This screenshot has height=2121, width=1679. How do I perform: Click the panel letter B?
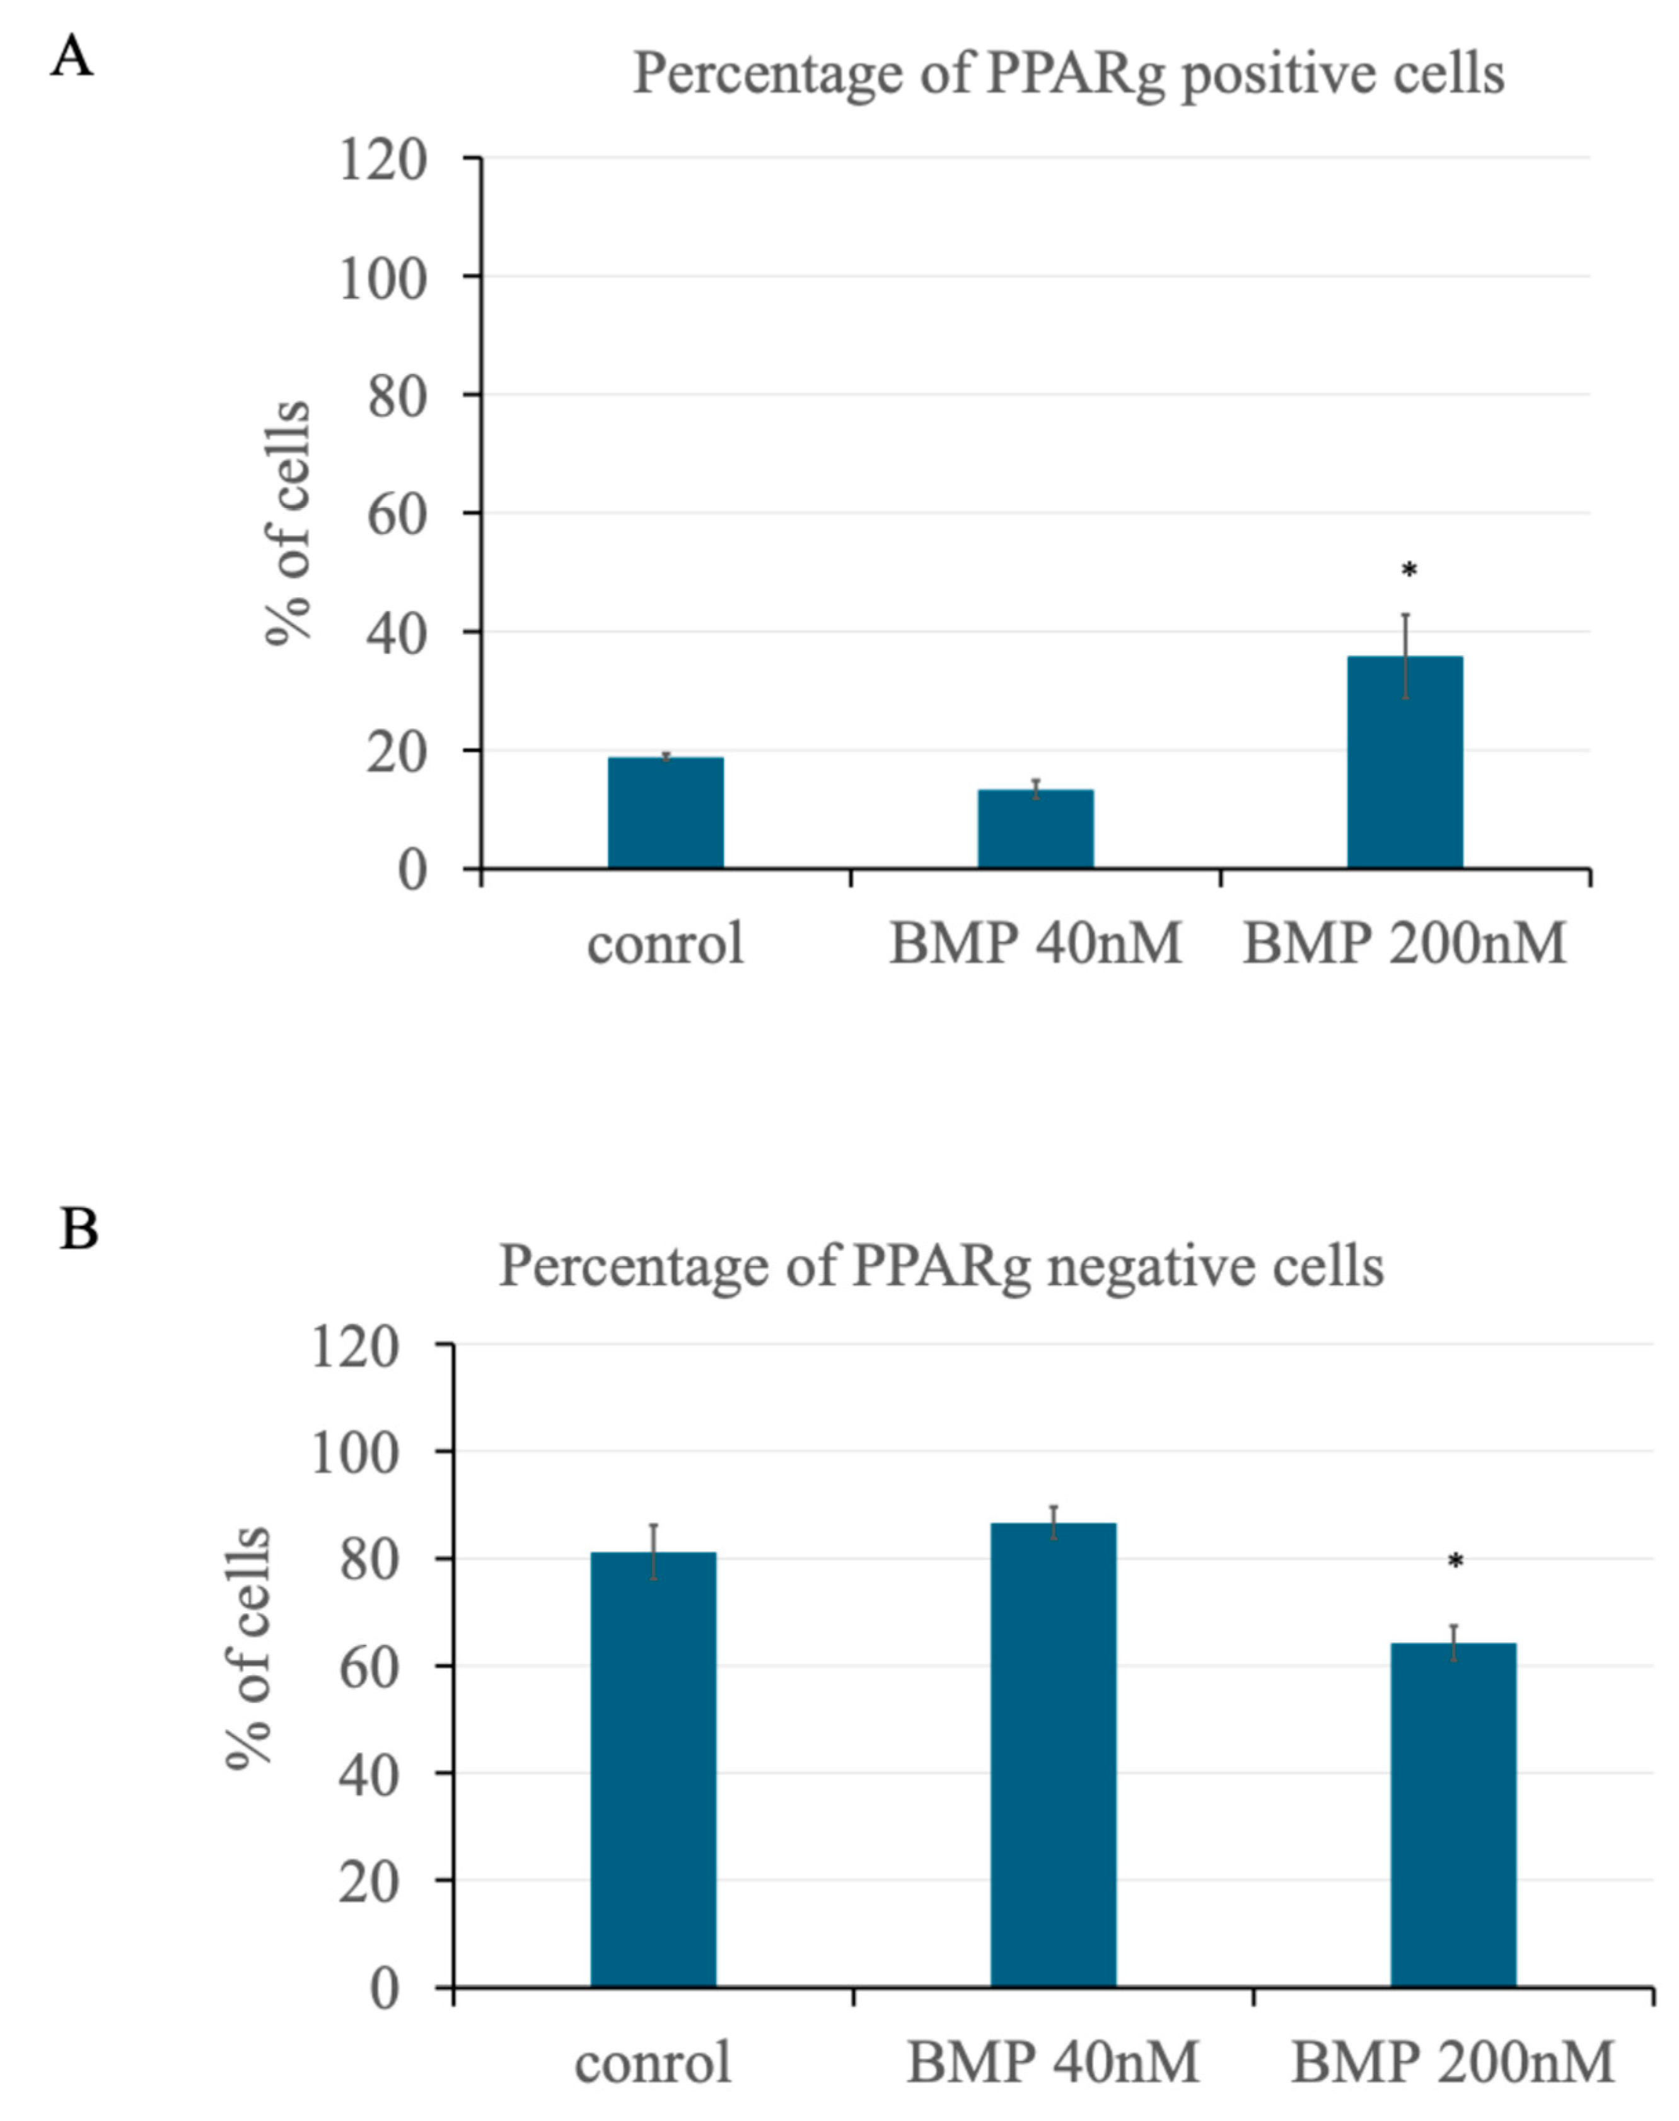[x=79, y=1229]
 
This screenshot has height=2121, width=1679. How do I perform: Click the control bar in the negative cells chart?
[x=654, y=1769]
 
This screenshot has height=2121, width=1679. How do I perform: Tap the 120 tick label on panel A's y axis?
[x=383, y=160]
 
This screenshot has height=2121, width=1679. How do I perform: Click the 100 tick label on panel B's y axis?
[x=355, y=1453]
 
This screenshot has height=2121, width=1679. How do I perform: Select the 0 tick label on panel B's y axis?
[x=385, y=1989]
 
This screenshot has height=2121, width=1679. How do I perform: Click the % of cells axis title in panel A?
[x=287, y=523]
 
